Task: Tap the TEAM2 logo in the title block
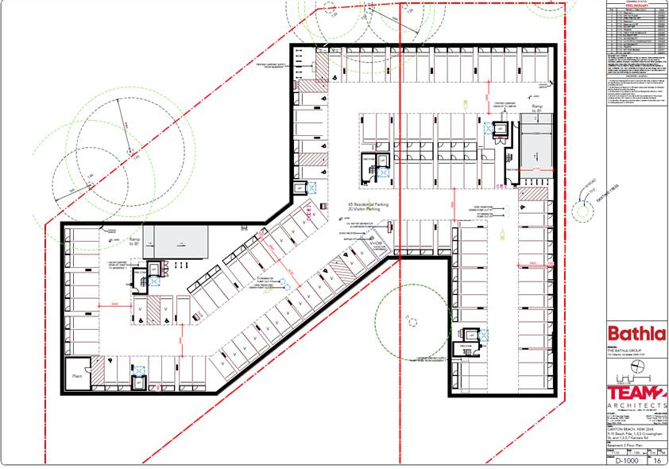click(x=636, y=393)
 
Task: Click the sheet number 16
click(x=657, y=460)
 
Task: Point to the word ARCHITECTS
click(x=636, y=405)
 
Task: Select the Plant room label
click(x=78, y=377)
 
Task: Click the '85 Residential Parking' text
click(x=368, y=204)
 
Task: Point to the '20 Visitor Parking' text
click(x=368, y=210)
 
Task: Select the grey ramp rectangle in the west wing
click(x=181, y=242)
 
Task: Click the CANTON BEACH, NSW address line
click(x=625, y=430)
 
